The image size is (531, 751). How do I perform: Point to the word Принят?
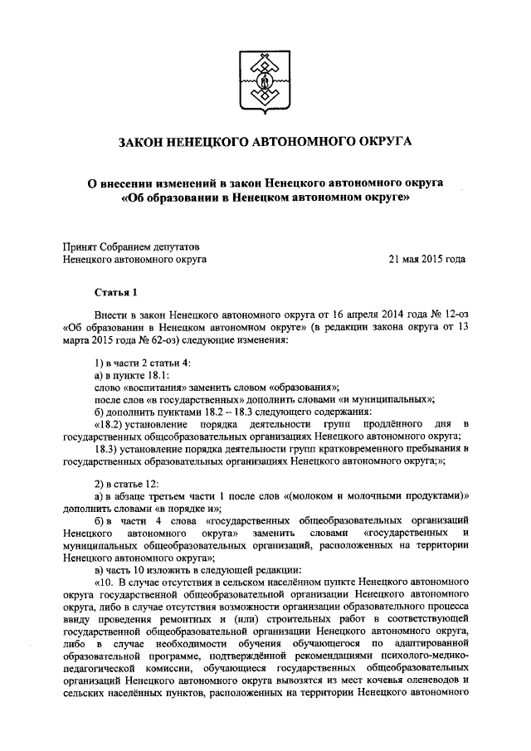coord(84,246)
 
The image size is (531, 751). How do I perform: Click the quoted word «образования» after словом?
coord(294,387)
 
